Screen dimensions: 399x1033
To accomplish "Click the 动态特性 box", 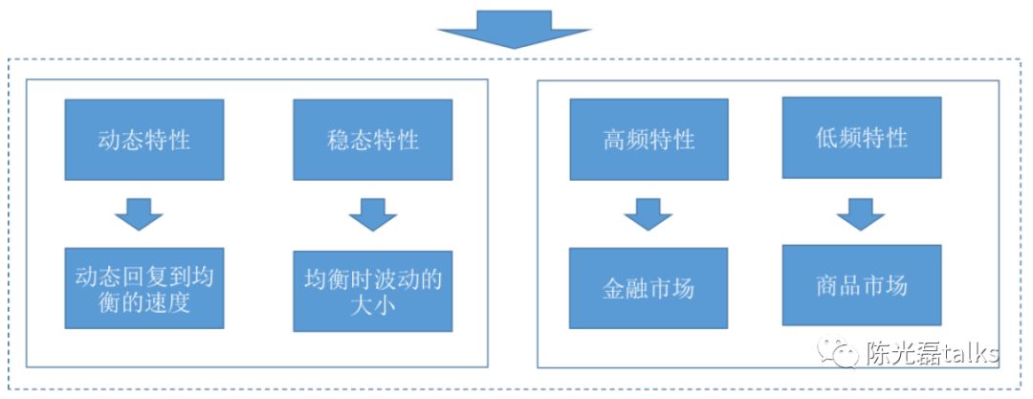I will pos(144,139).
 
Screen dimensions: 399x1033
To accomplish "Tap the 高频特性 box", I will pos(648,139).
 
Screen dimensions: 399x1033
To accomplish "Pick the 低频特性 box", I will pos(861,137).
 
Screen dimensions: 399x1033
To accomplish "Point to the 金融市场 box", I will pos(648,288).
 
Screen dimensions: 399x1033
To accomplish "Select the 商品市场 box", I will pos(861,285).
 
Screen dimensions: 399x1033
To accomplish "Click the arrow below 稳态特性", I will pos(372,214).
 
